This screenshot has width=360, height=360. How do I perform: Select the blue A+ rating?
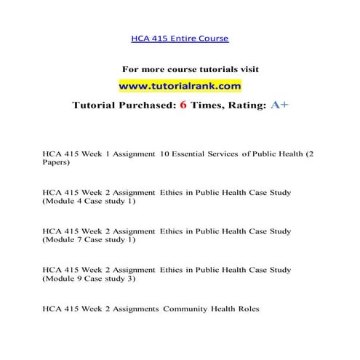[x=279, y=105]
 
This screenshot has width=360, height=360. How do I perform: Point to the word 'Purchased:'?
[x=166, y=105]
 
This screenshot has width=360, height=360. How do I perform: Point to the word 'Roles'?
[x=247, y=308]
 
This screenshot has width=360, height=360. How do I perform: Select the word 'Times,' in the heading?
[x=226, y=105]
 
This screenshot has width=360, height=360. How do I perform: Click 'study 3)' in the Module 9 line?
[x=120, y=278]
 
